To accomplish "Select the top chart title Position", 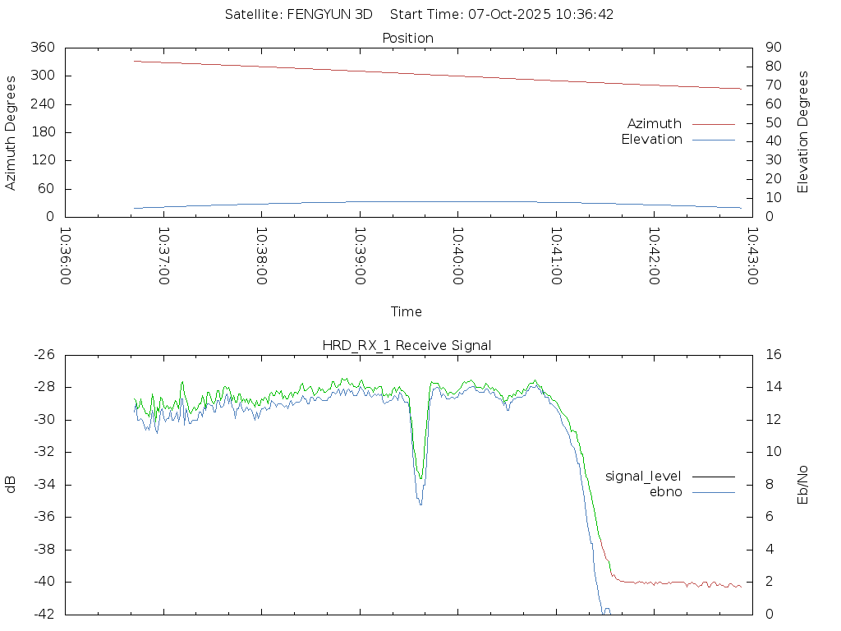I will [408, 38].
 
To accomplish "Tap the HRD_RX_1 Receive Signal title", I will [407, 345].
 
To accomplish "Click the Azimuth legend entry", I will [655, 123].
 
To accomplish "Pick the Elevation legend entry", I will [651, 140].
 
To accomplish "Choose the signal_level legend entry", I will [643, 476].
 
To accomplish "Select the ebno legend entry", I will [666, 491].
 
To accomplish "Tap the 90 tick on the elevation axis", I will [771, 48].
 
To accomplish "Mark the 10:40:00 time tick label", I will [457, 256].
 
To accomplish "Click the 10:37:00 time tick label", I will [163, 256].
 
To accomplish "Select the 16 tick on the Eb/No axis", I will [771, 355].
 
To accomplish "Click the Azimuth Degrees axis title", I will [11, 132].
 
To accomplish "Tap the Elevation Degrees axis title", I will [803, 131].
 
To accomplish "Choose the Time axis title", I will [407, 311].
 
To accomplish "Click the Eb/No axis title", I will [803, 485].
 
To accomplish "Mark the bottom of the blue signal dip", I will [420, 503].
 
